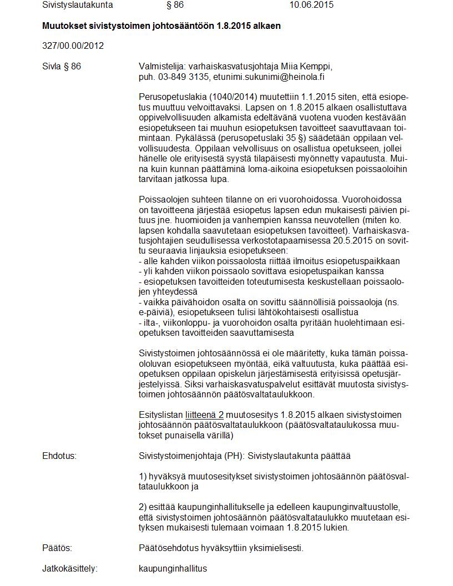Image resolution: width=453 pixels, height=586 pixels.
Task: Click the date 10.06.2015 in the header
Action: click(311, 5)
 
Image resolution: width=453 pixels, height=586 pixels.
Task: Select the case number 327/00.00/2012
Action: click(73, 46)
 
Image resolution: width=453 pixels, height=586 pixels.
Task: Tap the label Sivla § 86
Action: click(62, 67)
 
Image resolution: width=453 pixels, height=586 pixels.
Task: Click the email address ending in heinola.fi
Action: click(273, 77)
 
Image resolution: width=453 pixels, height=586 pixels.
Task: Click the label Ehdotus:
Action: click(59, 456)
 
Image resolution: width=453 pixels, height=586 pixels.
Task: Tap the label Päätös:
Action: click(57, 548)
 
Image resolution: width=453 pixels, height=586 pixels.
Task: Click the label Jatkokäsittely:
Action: click(69, 569)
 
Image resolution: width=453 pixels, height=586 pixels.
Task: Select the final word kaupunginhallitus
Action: click(173, 569)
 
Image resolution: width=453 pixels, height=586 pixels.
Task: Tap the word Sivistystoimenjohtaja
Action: click(180, 456)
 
